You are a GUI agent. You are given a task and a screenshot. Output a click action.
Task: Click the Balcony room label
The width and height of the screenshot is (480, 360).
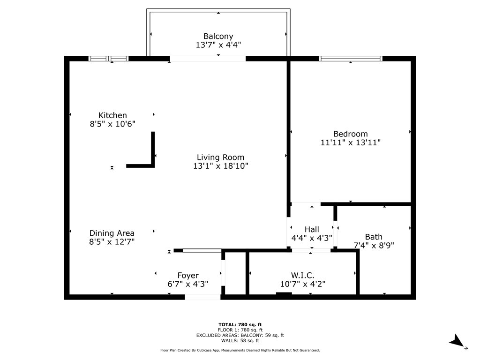218,36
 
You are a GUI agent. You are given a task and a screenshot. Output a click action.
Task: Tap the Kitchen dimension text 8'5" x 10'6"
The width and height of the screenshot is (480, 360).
112,124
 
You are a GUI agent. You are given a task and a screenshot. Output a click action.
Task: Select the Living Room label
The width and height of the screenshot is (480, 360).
220,157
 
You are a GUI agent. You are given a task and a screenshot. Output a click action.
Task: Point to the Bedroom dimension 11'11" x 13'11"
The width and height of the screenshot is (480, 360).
350,142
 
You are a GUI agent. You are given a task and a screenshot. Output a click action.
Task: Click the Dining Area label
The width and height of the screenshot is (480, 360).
112,233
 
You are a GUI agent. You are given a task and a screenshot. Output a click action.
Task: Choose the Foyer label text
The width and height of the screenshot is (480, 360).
187,276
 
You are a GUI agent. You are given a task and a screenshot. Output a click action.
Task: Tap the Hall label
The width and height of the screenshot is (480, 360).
312,229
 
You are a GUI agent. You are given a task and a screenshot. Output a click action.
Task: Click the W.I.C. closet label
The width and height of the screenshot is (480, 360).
302,275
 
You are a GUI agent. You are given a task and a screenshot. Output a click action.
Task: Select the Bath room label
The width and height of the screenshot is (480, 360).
374,237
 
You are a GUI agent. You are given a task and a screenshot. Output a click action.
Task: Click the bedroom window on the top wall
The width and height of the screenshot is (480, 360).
351,59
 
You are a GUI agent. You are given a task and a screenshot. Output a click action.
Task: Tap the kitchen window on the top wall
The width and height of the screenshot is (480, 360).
108,59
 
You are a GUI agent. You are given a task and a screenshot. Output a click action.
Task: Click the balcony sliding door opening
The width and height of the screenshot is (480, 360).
208,59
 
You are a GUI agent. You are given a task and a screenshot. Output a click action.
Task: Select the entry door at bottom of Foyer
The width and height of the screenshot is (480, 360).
202,297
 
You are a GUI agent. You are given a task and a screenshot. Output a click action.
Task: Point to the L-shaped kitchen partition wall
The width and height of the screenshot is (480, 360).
152,155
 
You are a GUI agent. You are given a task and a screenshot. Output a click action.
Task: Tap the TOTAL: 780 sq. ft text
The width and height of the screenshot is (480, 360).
240,324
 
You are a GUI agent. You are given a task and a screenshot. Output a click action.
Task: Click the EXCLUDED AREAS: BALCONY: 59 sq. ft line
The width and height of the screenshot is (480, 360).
240,335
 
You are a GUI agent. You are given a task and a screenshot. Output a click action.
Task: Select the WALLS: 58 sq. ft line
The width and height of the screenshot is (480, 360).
240,341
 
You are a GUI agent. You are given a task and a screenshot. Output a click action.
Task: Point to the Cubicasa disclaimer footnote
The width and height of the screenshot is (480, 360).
240,350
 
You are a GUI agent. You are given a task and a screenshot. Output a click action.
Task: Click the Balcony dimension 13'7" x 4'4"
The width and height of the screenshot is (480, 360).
218,45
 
